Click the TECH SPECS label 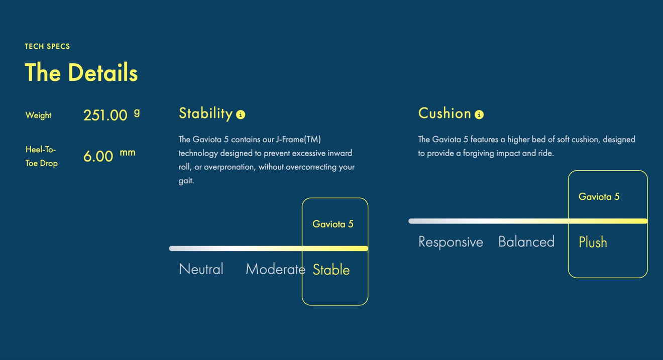(x=47, y=46)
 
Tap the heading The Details (x=81, y=72)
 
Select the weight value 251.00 (x=105, y=115)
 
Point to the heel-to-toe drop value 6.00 (x=98, y=156)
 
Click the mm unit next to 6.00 (x=128, y=153)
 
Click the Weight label (x=39, y=115)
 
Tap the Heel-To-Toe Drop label (x=41, y=156)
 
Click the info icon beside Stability (x=241, y=114)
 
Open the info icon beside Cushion (x=479, y=114)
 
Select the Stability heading (x=206, y=113)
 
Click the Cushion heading (x=445, y=113)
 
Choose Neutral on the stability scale (x=201, y=269)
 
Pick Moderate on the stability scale (x=276, y=269)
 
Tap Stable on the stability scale (x=331, y=270)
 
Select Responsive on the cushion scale (x=451, y=242)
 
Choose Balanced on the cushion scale (x=526, y=242)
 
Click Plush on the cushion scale (x=593, y=242)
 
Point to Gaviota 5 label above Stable (x=333, y=224)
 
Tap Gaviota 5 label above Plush (x=599, y=197)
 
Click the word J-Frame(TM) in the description (x=298, y=139)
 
